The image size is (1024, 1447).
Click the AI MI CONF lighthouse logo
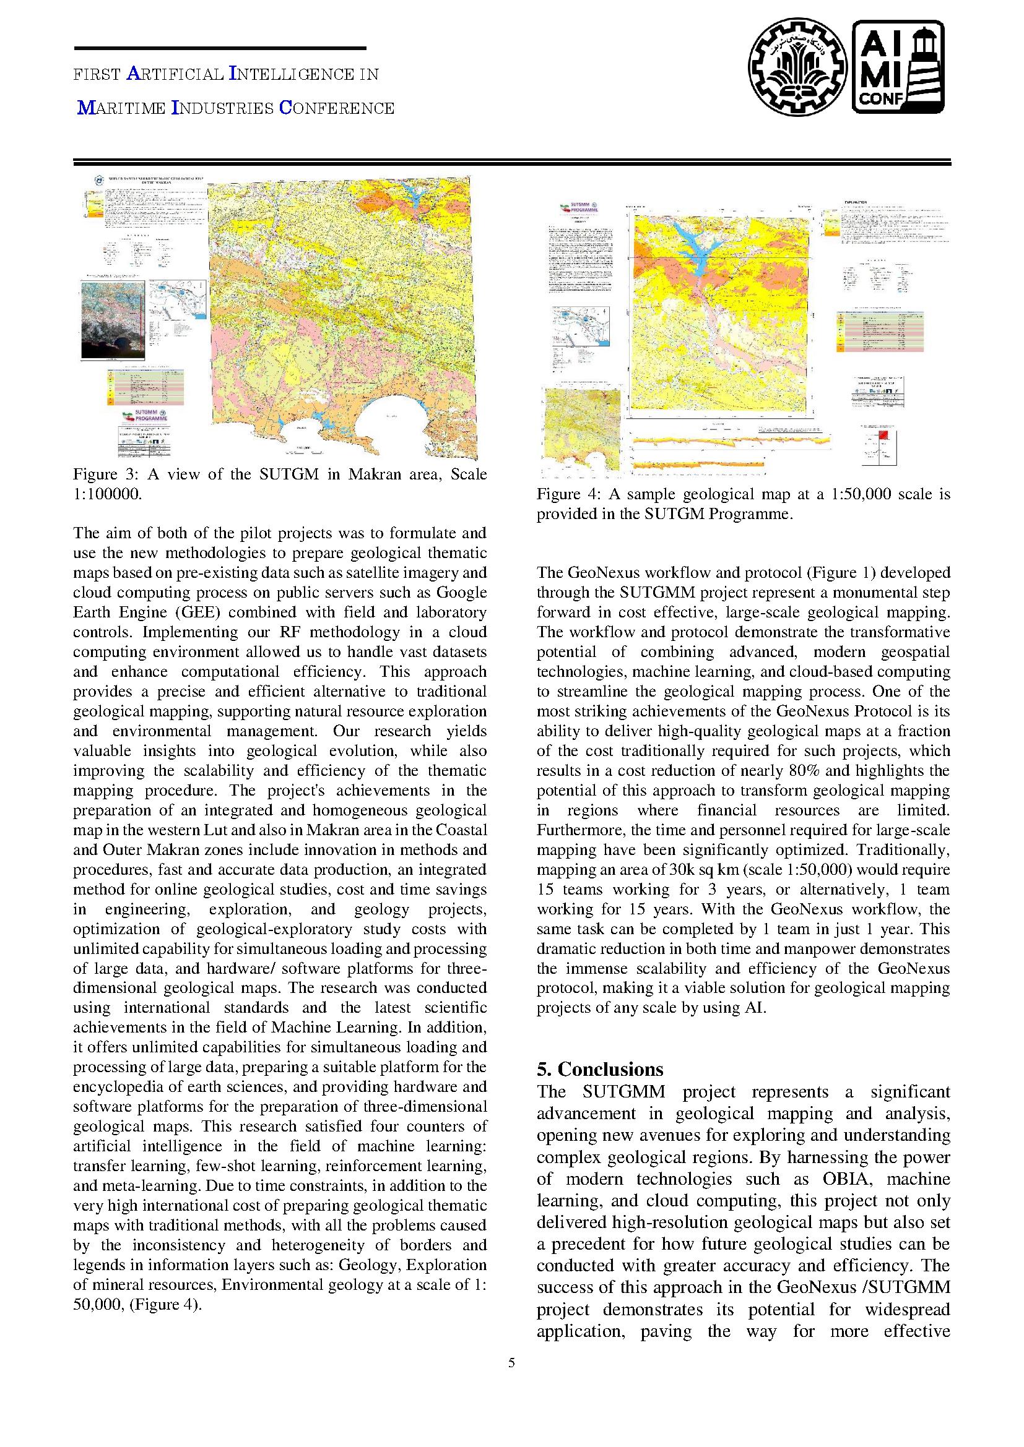(x=898, y=67)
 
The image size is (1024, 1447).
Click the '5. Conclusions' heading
(x=600, y=1069)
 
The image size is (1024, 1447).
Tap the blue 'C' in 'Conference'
(x=284, y=108)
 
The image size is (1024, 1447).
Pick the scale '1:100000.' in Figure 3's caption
(x=108, y=494)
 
